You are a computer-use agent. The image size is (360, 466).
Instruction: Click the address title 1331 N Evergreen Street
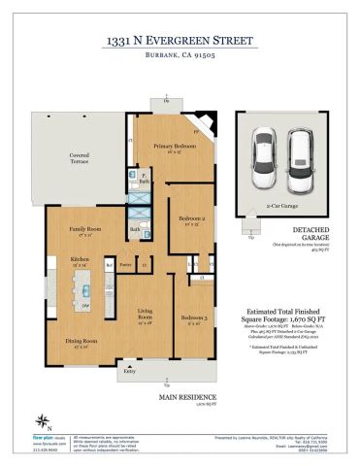coord(180,42)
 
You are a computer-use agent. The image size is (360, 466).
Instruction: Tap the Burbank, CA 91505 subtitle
coord(180,58)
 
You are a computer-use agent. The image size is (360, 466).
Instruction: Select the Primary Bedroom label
coord(170,146)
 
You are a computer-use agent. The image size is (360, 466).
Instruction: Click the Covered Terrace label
coord(80,157)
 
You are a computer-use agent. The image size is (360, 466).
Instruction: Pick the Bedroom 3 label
coord(193,318)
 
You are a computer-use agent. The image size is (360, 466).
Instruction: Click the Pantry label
coord(125,263)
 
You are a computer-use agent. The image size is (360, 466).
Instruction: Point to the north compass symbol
coord(42,393)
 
